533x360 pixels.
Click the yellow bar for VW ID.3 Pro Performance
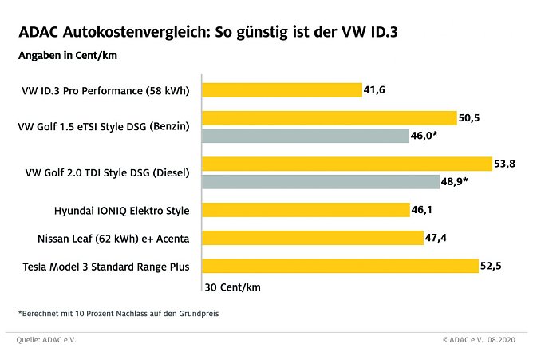click(x=282, y=90)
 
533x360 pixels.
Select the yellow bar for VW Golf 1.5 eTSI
click(x=330, y=118)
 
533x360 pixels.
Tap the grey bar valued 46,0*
click(x=306, y=136)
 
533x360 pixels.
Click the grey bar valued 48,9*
click(x=320, y=181)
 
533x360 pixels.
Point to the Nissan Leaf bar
click(x=313, y=237)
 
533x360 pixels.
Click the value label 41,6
click(x=375, y=90)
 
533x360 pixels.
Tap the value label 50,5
click(x=471, y=118)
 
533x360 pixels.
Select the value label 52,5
click(x=491, y=266)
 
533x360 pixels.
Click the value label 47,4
click(x=437, y=238)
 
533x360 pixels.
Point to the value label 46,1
click(x=424, y=210)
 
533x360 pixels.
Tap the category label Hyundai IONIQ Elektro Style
click(x=121, y=210)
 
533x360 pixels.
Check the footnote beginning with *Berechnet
click(x=117, y=313)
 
